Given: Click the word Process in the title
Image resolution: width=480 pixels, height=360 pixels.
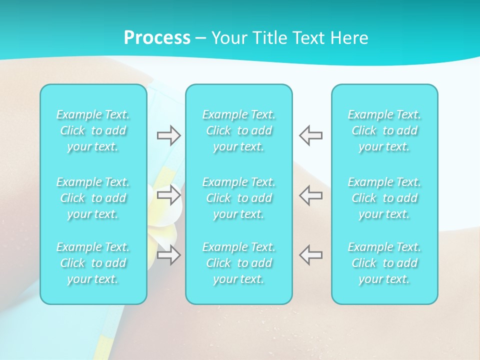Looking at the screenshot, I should [x=157, y=38].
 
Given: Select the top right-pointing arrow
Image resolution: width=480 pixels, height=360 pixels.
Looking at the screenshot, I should [x=168, y=135].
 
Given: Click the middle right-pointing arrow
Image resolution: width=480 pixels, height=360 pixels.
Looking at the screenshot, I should [x=168, y=194].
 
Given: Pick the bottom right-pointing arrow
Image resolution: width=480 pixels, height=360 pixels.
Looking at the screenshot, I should [x=168, y=255].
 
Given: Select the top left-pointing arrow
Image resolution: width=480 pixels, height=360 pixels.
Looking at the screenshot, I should [x=311, y=135].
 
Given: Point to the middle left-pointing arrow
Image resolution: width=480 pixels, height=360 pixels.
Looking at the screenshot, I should [x=311, y=194].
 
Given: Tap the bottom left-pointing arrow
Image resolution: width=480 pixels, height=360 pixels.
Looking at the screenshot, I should [x=311, y=255].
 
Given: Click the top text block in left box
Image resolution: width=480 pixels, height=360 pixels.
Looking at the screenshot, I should [x=93, y=130].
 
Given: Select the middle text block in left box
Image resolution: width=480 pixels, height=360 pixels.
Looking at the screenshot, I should [x=93, y=198].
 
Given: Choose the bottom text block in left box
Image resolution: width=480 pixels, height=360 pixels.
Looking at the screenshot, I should [x=93, y=263].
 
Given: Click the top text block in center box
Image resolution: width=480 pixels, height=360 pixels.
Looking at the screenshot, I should [x=238, y=130].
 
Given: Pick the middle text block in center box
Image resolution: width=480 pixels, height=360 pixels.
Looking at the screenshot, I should [x=238, y=198].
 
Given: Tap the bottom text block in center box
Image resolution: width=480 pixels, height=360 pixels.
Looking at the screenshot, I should [x=238, y=263].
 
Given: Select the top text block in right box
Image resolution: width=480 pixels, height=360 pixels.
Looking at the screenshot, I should [x=384, y=130].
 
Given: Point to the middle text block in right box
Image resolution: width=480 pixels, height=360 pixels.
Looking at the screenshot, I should [x=384, y=198].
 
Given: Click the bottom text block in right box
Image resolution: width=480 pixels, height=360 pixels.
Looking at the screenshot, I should [x=384, y=263].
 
